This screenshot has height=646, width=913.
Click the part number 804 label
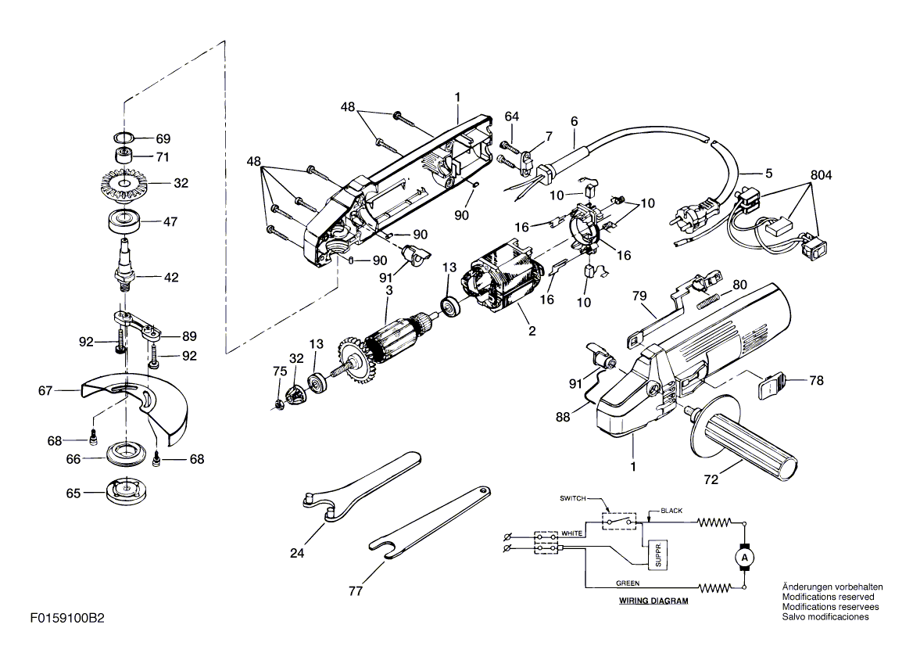(x=821, y=174)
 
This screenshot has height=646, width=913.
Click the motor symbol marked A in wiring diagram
(x=743, y=558)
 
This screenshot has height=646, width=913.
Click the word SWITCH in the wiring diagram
(x=573, y=499)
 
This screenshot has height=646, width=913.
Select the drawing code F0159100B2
(x=67, y=619)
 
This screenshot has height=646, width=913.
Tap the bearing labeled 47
(x=124, y=221)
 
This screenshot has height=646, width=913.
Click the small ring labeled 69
(x=124, y=138)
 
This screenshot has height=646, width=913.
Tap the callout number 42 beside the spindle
(x=171, y=278)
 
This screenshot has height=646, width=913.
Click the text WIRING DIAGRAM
(x=653, y=601)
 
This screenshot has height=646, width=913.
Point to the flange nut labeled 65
(x=124, y=491)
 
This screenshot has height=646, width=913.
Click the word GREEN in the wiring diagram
(x=627, y=583)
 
